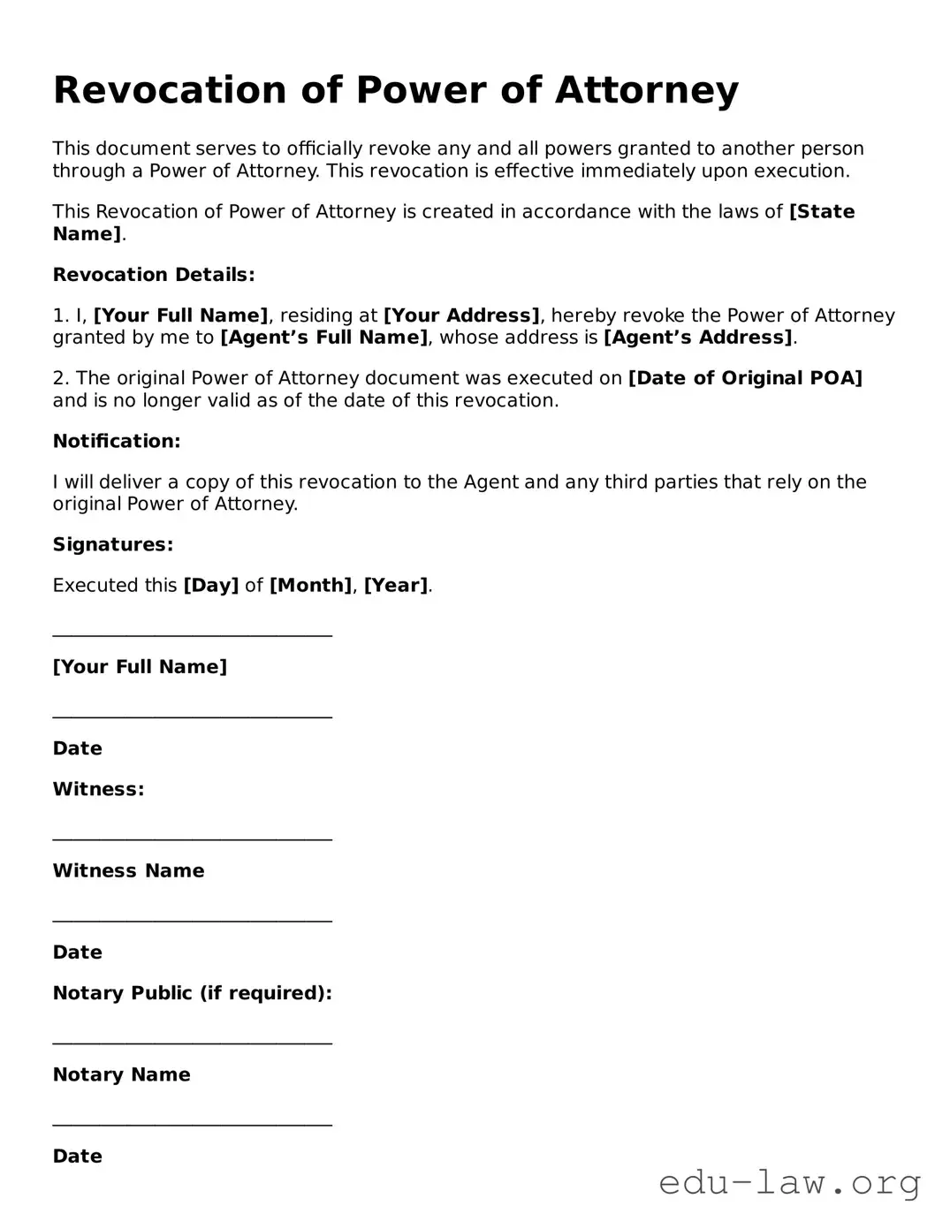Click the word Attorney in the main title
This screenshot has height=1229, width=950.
(x=647, y=90)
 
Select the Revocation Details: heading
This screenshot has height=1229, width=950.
(x=154, y=275)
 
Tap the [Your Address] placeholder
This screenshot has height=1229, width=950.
(x=461, y=315)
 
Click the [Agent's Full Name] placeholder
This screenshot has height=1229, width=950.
(x=323, y=338)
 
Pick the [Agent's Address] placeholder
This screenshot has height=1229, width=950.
(x=698, y=338)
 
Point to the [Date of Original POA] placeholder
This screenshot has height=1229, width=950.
(x=745, y=378)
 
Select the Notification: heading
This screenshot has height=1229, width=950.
(x=117, y=441)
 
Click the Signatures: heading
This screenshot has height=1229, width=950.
(x=113, y=544)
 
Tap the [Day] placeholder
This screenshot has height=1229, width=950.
(x=210, y=585)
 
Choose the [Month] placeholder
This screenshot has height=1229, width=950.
(x=310, y=585)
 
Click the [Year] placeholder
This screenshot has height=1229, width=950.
(x=396, y=585)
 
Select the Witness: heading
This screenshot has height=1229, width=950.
(x=98, y=789)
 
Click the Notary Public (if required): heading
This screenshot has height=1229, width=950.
(x=193, y=993)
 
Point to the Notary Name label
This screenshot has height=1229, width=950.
(x=122, y=1074)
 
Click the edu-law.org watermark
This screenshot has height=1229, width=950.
(x=790, y=1182)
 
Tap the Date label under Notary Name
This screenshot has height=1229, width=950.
(x=78, y=1157)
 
